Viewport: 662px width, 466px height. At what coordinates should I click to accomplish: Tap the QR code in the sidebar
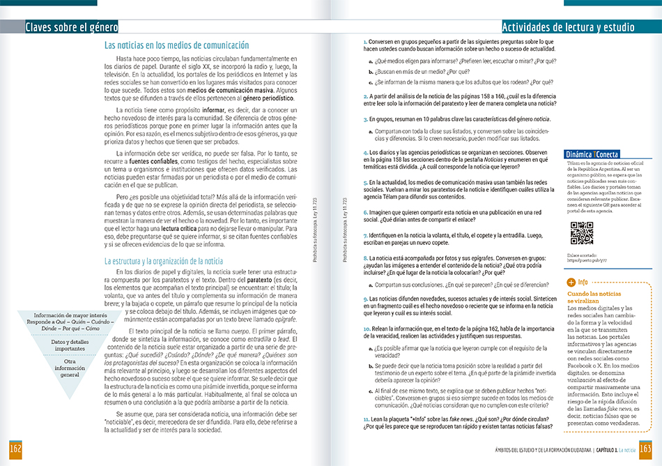tap(581, 233)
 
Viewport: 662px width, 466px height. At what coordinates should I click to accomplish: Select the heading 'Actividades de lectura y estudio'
tap(568, 28)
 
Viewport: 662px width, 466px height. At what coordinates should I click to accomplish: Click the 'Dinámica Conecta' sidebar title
tap(592, 154)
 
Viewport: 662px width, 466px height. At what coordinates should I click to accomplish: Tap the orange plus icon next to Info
tap(571, 283)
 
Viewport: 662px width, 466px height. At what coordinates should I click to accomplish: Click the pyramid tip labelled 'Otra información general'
tap(70, 368)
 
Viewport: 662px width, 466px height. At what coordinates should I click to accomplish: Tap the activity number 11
tap(366, 418)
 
